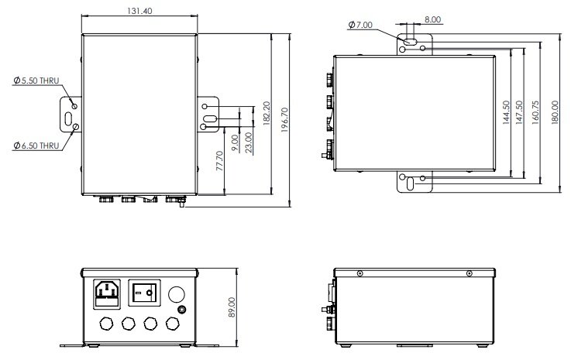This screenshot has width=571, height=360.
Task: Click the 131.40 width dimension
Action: [x=139, y=11]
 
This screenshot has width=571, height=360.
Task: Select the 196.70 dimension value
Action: [x=285, y=120]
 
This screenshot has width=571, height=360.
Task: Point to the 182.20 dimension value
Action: [x=267, y=114]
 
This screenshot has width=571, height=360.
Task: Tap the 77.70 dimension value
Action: [x=219, y=161]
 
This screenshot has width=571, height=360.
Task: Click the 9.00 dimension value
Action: [x=235, y=143]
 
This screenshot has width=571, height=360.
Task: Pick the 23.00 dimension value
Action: [x=249, y=142]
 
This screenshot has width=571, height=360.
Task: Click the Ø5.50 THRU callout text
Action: [x=36, y=81]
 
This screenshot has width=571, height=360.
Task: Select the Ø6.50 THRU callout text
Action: [x=36, y=146]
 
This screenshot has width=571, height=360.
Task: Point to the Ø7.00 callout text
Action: [x=360, y=25]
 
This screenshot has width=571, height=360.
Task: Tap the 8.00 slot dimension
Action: [x=432, y=19]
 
